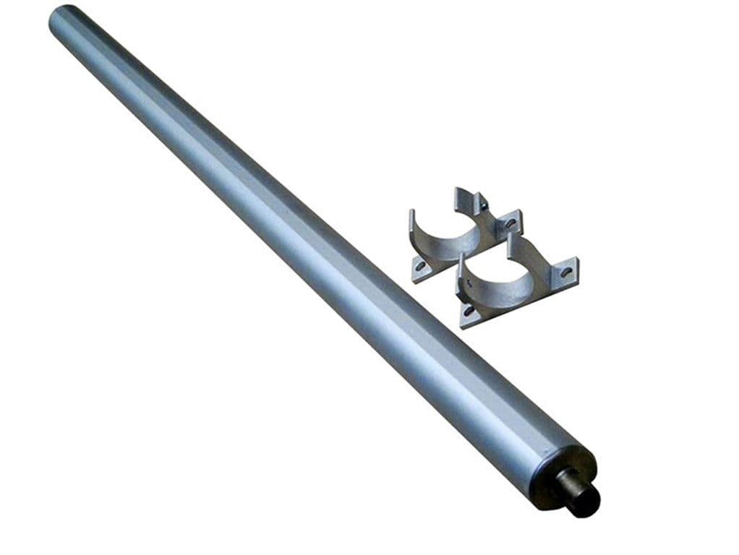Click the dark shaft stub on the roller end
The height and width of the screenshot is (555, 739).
[x=583, y=499]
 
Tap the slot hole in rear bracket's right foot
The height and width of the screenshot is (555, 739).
[x=511, y=223]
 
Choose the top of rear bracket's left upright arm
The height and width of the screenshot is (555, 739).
[x=412, y=214]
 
